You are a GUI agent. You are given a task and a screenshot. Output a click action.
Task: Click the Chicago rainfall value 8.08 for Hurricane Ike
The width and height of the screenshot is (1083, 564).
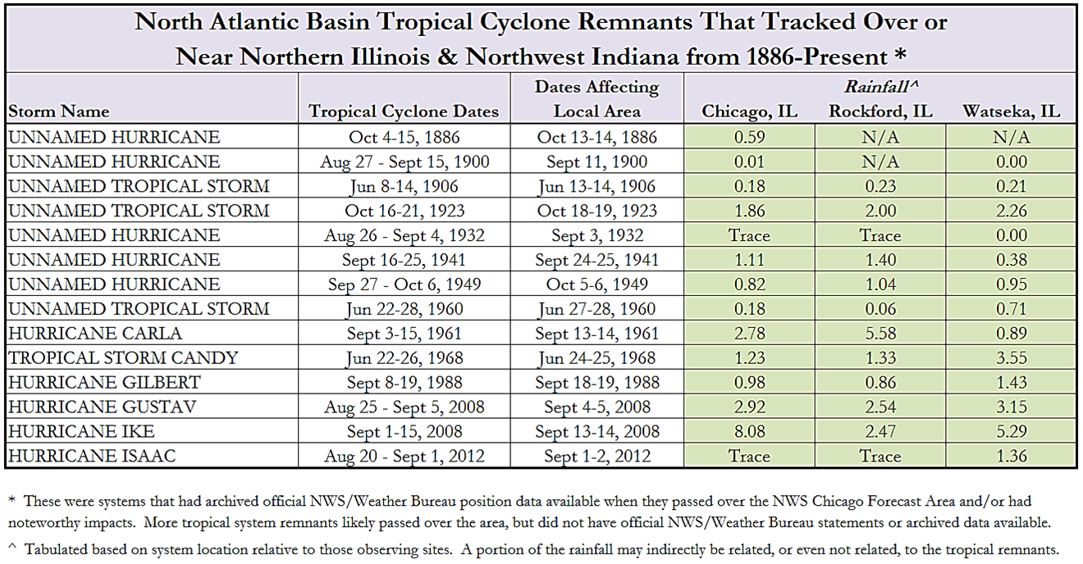pos(749,432)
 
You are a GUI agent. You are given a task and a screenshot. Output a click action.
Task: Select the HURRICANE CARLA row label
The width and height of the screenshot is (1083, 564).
pos(95,334)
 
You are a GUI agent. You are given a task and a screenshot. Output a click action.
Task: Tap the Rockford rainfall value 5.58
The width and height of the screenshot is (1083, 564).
pos(880,334)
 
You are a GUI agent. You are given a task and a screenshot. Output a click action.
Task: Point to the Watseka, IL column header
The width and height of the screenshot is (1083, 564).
pos(1011,111)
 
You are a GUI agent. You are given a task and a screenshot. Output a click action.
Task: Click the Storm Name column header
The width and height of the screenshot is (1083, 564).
pos(58,111)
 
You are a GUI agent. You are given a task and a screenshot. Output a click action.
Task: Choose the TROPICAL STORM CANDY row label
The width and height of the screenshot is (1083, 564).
pos(123,358)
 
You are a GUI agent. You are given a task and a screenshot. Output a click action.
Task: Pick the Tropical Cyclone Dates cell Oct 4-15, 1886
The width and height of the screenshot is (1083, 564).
pos(404,137)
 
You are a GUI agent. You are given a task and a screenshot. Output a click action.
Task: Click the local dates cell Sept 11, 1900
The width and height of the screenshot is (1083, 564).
pos(596,161)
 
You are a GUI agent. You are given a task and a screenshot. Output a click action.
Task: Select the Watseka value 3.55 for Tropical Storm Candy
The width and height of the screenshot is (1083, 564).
pos(1011,358)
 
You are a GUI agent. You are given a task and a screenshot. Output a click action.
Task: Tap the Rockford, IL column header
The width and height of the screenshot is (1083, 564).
pos(880,111)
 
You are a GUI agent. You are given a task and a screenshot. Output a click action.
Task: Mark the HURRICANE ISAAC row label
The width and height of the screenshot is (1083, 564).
pos(92,457)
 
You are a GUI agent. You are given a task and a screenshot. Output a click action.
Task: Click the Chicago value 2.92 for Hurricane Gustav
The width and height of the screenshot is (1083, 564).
pos(749,407)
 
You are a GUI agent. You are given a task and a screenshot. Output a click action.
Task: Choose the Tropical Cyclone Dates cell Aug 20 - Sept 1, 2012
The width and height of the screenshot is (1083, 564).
pos(404,457)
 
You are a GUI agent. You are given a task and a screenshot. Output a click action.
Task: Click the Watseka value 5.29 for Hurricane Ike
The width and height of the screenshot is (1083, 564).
pos(1011,432)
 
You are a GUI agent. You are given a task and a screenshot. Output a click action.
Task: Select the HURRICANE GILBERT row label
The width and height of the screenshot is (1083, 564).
pos(104,383)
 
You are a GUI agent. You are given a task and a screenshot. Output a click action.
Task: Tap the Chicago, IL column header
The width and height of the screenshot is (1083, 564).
pos(749,111)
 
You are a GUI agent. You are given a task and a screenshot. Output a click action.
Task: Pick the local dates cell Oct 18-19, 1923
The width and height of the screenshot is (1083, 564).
pos(596,211)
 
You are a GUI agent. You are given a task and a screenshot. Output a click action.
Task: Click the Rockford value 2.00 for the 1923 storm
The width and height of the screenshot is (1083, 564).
pos(880,211)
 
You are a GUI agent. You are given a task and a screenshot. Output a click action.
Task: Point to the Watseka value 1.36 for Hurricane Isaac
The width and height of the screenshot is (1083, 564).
pos(1011,457)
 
